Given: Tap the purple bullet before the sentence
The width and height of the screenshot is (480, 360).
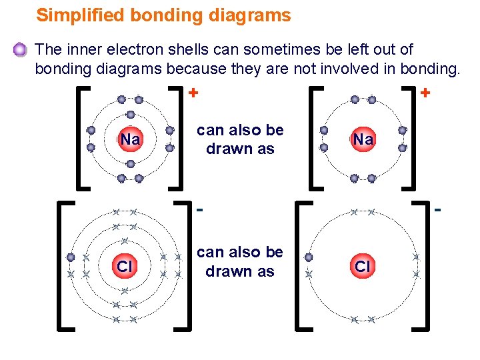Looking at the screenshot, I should (21, 50).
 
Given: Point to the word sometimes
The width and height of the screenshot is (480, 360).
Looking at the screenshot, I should (293, 49).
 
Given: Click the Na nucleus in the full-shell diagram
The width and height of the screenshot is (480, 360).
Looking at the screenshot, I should (130, 140).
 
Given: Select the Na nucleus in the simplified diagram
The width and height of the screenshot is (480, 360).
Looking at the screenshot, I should (363, 139).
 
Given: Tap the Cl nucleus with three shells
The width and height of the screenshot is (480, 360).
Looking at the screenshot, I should (124, 267).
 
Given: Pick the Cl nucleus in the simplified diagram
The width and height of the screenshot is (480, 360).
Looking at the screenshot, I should (363, 267).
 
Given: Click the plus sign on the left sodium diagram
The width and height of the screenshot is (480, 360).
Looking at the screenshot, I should (194, 93).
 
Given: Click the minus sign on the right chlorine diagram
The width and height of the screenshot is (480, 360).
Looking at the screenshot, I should (438, 211).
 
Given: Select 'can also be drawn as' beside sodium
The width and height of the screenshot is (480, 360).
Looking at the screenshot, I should (240, 139).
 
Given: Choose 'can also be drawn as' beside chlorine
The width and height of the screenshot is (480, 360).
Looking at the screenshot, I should (240, 262).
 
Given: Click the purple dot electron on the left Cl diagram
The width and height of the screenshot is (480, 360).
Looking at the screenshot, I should (71, 257).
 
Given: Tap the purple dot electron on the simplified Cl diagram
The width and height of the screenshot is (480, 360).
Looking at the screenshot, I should (309, 257).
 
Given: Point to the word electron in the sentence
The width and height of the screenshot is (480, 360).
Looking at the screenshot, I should (141, 49).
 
